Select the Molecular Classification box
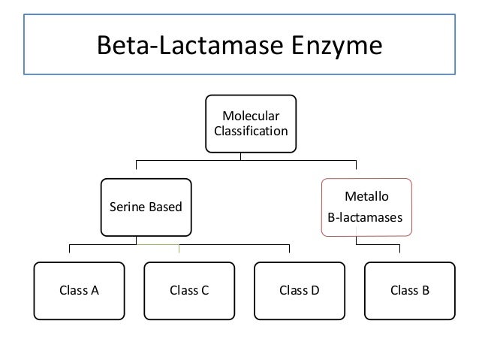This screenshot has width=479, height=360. click(x=250, y=124)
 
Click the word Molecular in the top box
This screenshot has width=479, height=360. click(x=251, y=116)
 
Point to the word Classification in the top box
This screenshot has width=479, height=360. click(x=251, y=132)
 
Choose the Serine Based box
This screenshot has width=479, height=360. click(x=146, y=207)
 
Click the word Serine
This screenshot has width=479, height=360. click(x=125, y=207)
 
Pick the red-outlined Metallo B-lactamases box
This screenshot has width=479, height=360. click(x=366, y=207)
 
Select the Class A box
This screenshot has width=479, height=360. click(x=79, y=291)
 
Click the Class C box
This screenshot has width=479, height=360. click(x=188, y=291)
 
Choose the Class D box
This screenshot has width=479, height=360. click(x=299, y=291)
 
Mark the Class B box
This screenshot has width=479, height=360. click(x=409, y=291)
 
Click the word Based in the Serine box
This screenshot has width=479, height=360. click(x=166, y=207)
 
